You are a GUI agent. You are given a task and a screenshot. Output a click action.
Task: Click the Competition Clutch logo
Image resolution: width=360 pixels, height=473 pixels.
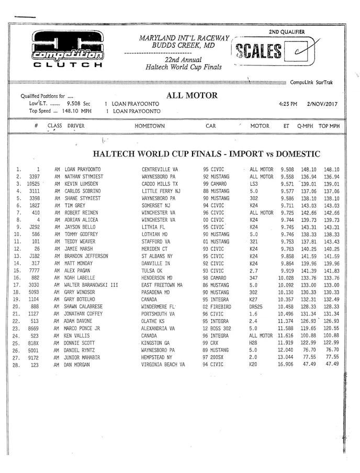tap(67, 50)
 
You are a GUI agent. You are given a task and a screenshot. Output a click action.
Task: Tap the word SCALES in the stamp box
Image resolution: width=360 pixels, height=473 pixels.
tap(259, 51)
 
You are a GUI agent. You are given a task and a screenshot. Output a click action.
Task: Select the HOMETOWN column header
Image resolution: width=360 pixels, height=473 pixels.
tap(150, 126)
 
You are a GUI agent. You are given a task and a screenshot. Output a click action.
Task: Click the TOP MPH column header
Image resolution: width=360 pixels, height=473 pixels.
tap(329, 126)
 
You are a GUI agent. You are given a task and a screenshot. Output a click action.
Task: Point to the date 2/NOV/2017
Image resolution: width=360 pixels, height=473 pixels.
tap(323, 104)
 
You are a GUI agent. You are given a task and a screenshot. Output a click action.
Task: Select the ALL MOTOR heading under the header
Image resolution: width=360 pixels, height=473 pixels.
tap(192, 96)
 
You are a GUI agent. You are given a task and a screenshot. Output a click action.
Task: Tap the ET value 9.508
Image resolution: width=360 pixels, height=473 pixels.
tap(287, 170)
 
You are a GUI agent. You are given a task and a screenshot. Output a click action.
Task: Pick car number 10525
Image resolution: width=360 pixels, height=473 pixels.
tap(33, 184)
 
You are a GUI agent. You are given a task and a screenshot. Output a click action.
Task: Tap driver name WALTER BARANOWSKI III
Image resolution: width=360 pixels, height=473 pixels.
tap(92, 285)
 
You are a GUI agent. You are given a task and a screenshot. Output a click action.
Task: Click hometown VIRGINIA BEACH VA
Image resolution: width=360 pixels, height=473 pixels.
tap(163, 364)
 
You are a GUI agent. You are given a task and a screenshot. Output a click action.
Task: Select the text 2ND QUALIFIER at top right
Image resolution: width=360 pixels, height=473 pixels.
tap(287, 32)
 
